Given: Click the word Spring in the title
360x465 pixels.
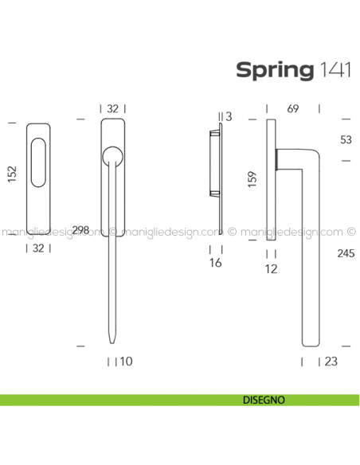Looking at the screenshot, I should [273, 70].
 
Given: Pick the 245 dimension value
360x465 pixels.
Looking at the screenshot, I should [346, 254].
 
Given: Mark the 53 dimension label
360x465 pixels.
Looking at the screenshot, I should [346, 140].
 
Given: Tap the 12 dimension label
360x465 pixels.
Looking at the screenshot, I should [272, 269].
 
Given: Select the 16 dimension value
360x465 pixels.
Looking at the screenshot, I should [217, 262].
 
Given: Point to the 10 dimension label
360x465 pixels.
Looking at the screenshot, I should [124, 361].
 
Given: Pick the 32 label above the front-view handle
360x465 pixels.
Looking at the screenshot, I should [114, 108].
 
